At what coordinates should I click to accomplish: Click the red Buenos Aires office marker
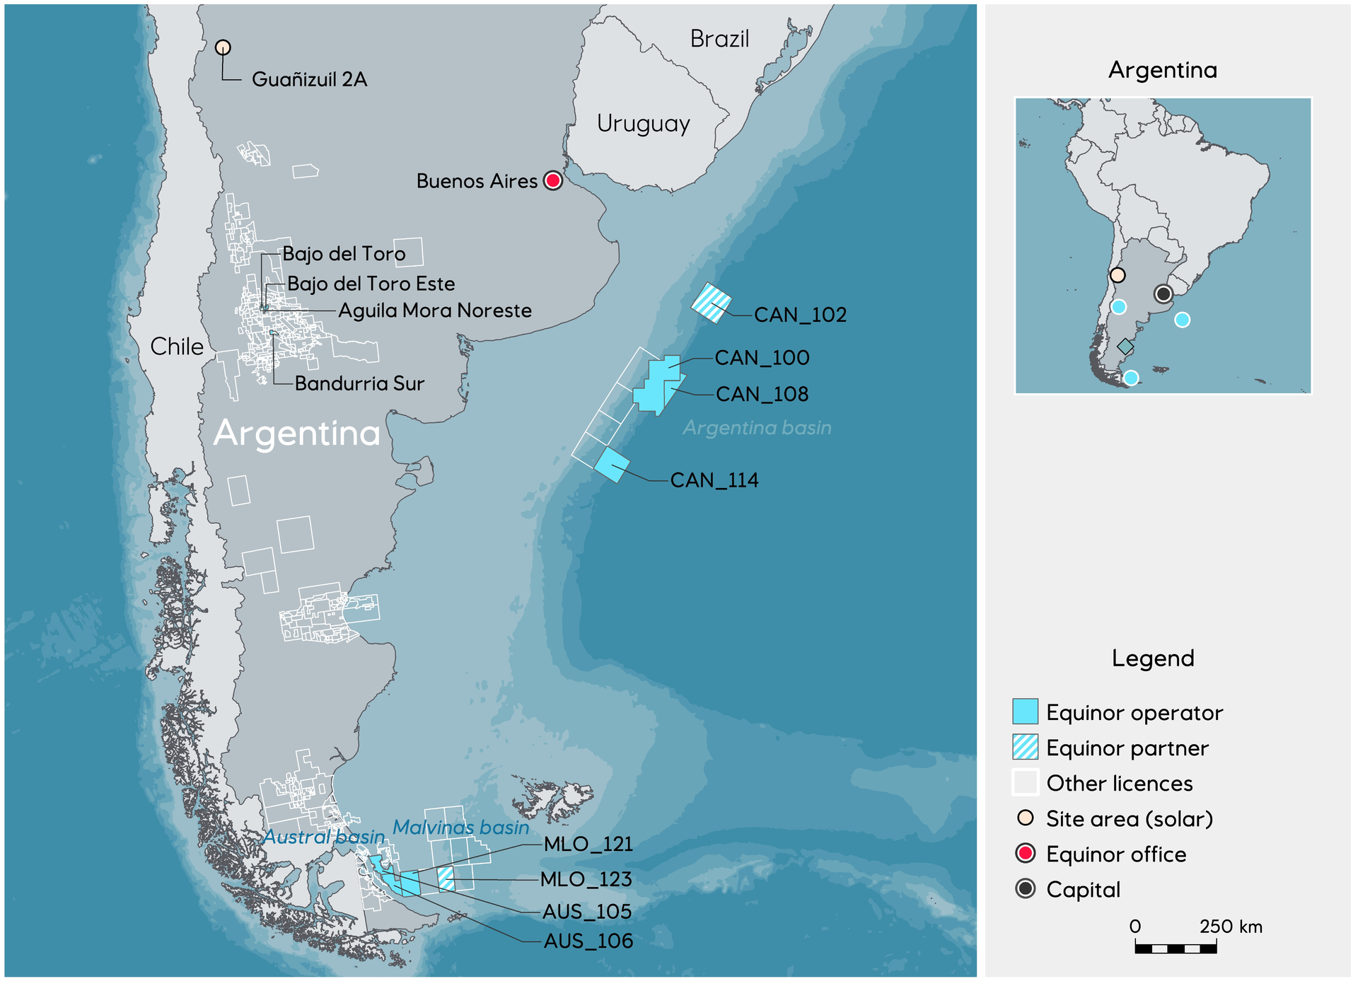click(553, 180)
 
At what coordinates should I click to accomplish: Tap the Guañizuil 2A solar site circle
click(223, 47)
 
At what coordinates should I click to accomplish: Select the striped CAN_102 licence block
click(711, 303)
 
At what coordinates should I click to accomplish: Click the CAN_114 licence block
click(612, 465)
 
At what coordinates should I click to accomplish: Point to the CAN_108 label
click(762, 394)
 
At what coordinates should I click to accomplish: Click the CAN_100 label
click(762, 358)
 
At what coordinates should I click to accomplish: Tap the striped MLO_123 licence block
click(446, 879)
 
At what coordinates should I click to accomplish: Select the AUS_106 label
click(588, 941)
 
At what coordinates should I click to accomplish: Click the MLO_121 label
click(588, 844)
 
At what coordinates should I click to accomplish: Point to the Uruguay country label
click(643, 124)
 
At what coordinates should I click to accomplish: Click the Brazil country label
click(719, 39)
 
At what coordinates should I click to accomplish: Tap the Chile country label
click(177, 347)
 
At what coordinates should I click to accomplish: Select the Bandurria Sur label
click(359, 383)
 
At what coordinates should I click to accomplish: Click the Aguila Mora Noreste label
click(435, 310)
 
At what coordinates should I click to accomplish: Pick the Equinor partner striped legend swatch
click(1025, 747)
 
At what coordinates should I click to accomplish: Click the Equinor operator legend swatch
click(1025, 712)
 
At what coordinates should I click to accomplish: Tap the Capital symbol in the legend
click(1025, 888)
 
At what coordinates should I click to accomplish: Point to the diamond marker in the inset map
click(1125, 347)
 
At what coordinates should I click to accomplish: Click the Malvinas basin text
click(460, 828)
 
